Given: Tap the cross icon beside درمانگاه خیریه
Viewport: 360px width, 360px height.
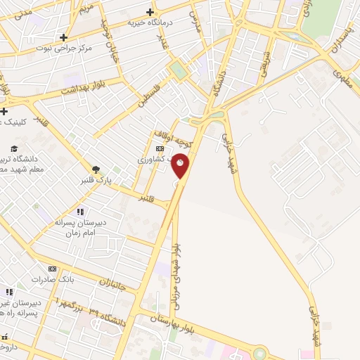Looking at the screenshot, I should pyautogui.click(x=150, y=12).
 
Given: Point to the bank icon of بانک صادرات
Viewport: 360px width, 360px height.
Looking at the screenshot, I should pyautogui.click(x=52, y=269).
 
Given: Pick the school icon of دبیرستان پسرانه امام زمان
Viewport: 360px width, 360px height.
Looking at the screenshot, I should pyautogui.click(x=80, y=212).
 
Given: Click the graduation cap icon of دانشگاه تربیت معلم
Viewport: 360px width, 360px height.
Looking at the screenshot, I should pyautogui.click(x=13, y=148).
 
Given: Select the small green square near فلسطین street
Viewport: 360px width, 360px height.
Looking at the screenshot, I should pyautogui.click(x=177, y=71).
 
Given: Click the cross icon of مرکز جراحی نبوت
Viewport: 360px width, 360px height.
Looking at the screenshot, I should pyautogui.click(x=64, y=37).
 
